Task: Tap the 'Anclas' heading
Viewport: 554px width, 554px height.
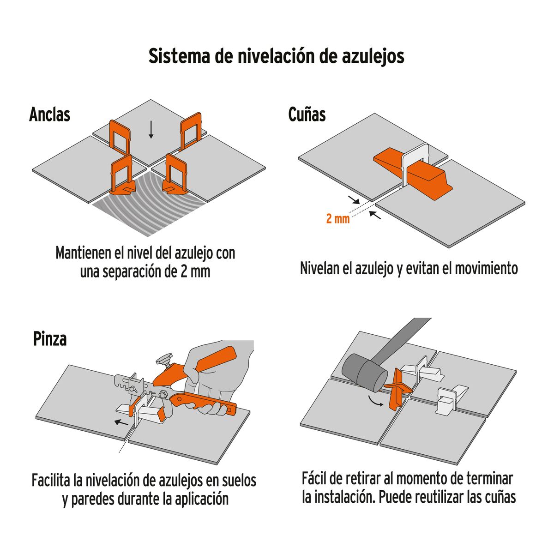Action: tap(49, 114)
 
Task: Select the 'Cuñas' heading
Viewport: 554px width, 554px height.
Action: tap(307, 114)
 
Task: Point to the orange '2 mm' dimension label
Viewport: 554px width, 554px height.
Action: tap(338, 219)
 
